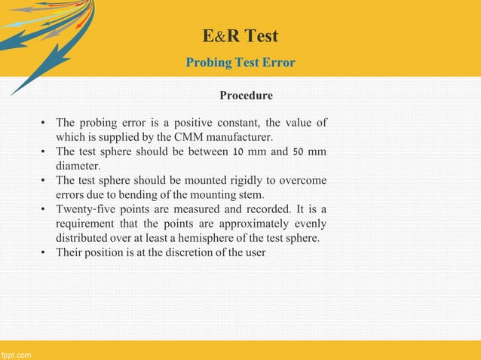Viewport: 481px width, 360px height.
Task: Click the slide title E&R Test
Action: pyautogui.click(x=240, y=35)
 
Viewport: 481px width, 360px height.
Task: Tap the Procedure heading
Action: pyautogui.click(x=246, y=96)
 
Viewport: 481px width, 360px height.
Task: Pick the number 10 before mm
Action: pyautogui.click(x=237, y=152)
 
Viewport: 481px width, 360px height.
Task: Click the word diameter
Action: pyautogui.click(x=78, y=166)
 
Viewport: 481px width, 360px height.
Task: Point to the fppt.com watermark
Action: pyautogui.click(x=16, y=353)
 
